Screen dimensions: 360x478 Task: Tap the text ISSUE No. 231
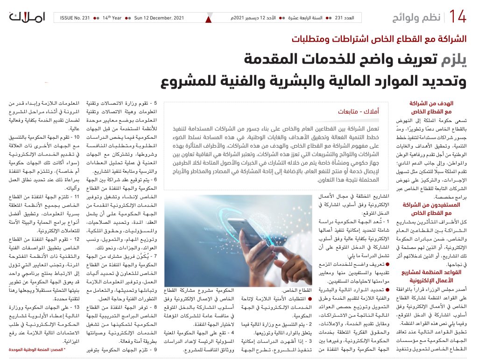[75, 18]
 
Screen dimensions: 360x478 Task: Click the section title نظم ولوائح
[416, 18]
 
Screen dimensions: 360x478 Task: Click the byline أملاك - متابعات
[353, 112]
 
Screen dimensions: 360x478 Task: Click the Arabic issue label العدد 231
[345, 18]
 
